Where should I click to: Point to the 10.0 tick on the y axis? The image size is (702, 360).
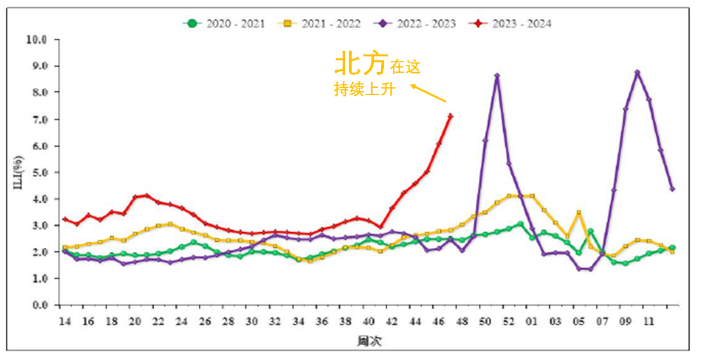[37, 39]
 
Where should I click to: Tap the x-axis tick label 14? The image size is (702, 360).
[64, 322]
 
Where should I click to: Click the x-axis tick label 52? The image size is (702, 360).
[508, 322]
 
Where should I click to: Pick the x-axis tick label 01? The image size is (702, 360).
[532, 322]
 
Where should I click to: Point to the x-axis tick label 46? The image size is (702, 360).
[439, 322]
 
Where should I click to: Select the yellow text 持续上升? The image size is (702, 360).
[364, 90]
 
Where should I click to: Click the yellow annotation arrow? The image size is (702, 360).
[429, 93]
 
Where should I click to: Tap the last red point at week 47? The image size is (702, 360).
[451, 116]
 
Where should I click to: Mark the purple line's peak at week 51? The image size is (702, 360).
[497, 75]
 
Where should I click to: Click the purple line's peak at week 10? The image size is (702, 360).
[637, 72]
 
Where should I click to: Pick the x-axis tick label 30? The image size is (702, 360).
[252, 322]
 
